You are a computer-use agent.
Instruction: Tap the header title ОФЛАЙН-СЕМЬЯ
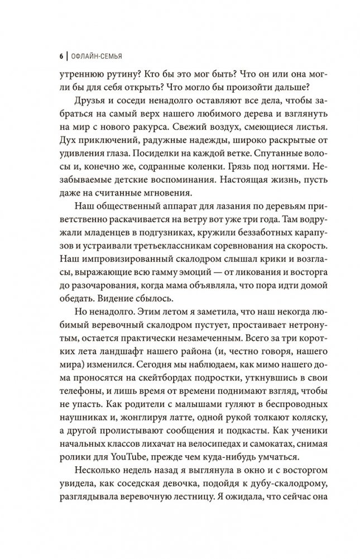tap(94, 56)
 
